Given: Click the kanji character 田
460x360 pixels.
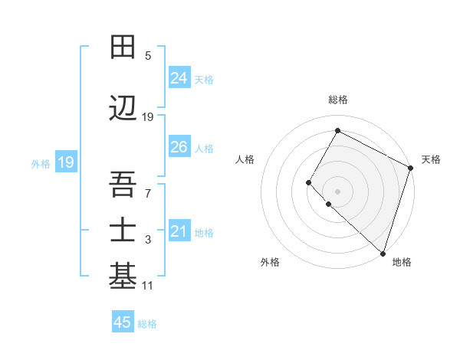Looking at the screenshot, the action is pyautogui.click(x=123, y=47).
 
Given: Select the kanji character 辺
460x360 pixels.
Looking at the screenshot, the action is pyautogui.click(x=123, y=109).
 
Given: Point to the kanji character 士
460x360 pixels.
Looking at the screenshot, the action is pyautogui.click(x=123, y=231).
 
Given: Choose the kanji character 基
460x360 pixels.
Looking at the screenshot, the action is pyautogui.click(x=123, y=277).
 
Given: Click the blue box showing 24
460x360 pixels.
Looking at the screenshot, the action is pyautogui.click(x=179, y=78).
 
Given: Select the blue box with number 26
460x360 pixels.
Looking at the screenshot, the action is pyautogui.click(x=179, y=147).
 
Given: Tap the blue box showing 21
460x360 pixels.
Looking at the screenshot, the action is pyautogui.click(x=179, y=231).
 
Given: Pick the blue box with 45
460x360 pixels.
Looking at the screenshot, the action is pyautogui.click(x=123, y=322).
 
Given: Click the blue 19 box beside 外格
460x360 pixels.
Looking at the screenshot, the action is pyautogui.click(x=65, y=162).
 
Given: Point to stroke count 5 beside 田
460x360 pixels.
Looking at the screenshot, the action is pyautogui.click(x=148, y=56).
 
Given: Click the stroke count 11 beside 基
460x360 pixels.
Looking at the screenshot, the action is pyautogui.click(x=148, y=286).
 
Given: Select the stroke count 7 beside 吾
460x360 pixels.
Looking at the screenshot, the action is pyautogui.click(x=148, y=192).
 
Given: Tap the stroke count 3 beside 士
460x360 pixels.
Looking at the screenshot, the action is pyautogui.click(x=148, y=241).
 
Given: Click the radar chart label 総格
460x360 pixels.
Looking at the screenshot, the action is pyautogui.click(x=337, y=100).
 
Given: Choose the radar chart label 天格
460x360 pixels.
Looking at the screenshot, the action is pyautogui.click(x=431, y=159).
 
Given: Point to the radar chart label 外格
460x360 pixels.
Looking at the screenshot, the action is pyautogui.click(x=270, y=262).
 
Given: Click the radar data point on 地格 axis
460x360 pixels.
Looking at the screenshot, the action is pyautogui.click(x=383, y=253).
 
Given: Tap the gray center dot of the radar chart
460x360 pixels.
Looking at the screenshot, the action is pyautogui.click(x=337, y=191).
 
